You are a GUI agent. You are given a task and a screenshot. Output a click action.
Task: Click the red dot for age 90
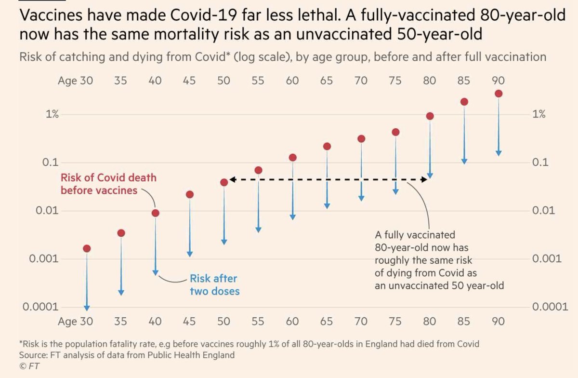click(499, 94)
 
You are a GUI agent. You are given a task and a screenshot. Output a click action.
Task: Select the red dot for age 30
click(87, 248)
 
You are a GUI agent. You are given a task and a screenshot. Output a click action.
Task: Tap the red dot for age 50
click(224, 182)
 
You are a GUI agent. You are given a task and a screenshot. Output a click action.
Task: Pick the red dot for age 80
click(430, 116)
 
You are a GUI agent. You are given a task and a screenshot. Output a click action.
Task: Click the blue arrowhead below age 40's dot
click(156, 272)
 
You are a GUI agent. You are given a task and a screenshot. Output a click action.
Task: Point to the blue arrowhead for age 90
click(499, 153)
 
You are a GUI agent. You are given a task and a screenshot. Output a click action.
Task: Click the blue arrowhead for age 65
click(327, 206)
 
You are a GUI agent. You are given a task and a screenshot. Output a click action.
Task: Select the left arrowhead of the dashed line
click(232, 180)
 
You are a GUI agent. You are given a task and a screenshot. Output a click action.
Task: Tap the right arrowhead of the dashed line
click(423, 180)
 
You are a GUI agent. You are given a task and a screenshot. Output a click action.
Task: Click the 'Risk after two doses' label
click(214, 285)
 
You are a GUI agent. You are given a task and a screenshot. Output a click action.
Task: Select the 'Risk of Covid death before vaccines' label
click(108, 184)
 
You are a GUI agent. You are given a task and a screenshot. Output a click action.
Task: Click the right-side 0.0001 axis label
click(546, 307)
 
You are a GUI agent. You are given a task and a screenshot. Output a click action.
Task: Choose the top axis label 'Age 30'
click(75, 81)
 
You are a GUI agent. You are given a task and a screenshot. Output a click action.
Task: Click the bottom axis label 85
click(464, 321)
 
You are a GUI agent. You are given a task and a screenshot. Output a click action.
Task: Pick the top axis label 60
click(292, 81)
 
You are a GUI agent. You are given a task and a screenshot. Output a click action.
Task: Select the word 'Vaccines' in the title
click(51, 15)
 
